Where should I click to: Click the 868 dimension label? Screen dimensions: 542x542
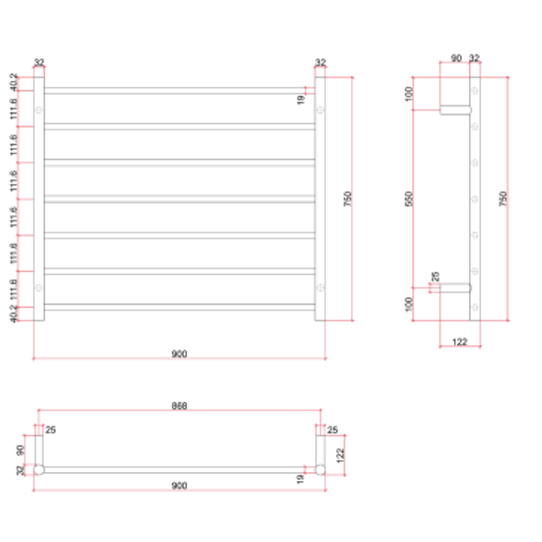point(179,406)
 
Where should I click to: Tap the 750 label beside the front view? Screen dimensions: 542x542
point(348,199)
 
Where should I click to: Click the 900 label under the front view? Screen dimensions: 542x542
point(179,354)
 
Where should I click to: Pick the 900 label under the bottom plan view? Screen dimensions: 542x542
point(179,486)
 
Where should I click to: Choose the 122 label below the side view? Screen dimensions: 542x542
point(460,342)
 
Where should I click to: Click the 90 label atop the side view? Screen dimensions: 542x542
point(456,59)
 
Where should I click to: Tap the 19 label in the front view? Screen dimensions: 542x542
point(301,100)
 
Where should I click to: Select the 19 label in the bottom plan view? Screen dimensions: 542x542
point(301,479)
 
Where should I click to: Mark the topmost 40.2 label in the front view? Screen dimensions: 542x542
point(14,83)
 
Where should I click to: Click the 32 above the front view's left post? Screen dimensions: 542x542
point(39,63)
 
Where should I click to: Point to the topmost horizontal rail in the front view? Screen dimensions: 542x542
point(179,90)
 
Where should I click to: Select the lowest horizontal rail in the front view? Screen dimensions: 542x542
point(179,307)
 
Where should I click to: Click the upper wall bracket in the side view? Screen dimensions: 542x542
point(455,110)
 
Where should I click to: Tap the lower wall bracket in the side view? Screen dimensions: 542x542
point(455,288)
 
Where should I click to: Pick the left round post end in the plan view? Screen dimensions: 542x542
point(39,470)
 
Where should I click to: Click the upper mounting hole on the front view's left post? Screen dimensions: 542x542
point(39,109)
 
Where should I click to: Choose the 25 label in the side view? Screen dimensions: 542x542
point(435,277)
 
